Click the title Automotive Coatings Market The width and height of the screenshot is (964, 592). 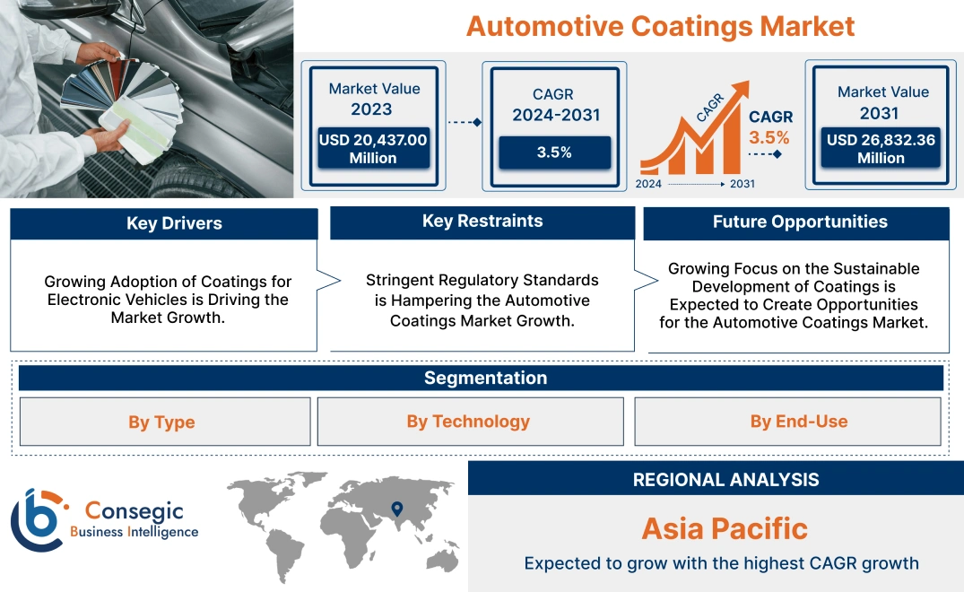[660, 26]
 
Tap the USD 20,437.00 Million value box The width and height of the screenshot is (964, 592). [373, 148]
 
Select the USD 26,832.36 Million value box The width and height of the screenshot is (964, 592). [881, 148]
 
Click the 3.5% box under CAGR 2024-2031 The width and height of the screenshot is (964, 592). [554, 152]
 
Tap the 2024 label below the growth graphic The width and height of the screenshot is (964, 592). [649, 184]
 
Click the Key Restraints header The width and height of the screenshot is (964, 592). [482, 222]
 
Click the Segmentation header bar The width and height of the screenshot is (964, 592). [485, 378]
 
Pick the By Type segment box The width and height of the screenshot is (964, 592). [161, 422]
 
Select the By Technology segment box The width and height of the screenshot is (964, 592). [468, 422]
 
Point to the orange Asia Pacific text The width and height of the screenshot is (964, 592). [725, 528]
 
